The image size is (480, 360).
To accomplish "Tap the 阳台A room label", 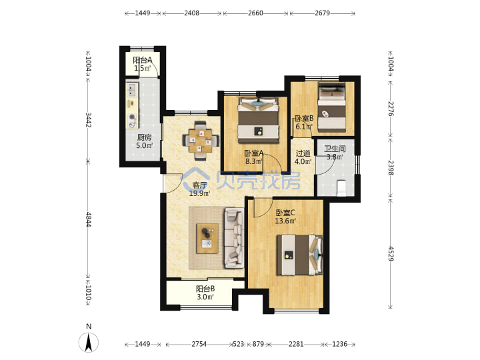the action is (143, 60).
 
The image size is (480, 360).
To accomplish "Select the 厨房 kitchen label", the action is (144, 137).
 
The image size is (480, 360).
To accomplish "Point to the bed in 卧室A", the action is (259, 120).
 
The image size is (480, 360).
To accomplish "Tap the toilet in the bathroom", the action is (341, 188).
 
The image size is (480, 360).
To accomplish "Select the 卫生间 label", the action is (335, 149).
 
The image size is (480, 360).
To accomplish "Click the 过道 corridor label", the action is (303, 153).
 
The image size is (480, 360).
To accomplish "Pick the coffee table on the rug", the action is (207, 239).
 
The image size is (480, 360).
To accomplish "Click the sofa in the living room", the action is (234, 238).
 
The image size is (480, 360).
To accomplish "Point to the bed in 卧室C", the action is (300, 255).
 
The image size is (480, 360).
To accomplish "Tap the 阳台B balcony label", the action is (205, 289).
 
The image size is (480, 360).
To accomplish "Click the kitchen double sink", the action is (132, 90).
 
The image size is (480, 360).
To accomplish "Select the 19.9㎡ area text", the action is (199, 193).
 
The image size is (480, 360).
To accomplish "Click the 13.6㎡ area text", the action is (285, 221).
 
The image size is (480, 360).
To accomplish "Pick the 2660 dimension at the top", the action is (255, 13).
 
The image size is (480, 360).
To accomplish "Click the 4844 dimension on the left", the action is (88, 219).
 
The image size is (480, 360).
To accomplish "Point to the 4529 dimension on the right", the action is (391, 253).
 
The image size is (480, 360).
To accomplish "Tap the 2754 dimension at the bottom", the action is (199, 344).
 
